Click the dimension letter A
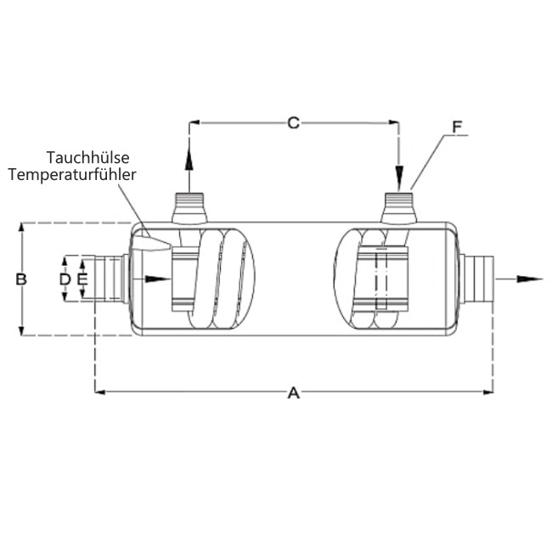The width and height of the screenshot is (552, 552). click(x=294, y=393)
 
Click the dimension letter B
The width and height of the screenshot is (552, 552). click(x=21, y=279)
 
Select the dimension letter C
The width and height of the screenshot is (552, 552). click(x=293, y=123)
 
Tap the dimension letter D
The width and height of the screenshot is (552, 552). click(x=65, y=279)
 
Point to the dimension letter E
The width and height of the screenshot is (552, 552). click(x=82, y=279)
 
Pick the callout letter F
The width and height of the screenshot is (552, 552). click(x=457, y=127)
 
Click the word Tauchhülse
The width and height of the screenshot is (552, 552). click(x=88, y=157)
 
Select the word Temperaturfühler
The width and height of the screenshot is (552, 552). click(x=72, y=175)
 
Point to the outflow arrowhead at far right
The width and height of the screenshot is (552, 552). click(x=530, y=279)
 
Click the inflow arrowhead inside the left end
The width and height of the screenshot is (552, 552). click(x=158, y=279)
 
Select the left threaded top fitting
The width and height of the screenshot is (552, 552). click(x=189, y=208)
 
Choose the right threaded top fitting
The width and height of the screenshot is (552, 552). click(x=399, y=208)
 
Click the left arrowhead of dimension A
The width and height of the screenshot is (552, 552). click(x=100, y=391)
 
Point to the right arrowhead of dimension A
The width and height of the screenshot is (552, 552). click(x=488, y=391)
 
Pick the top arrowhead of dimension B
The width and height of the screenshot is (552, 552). click(x=21, y=228)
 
